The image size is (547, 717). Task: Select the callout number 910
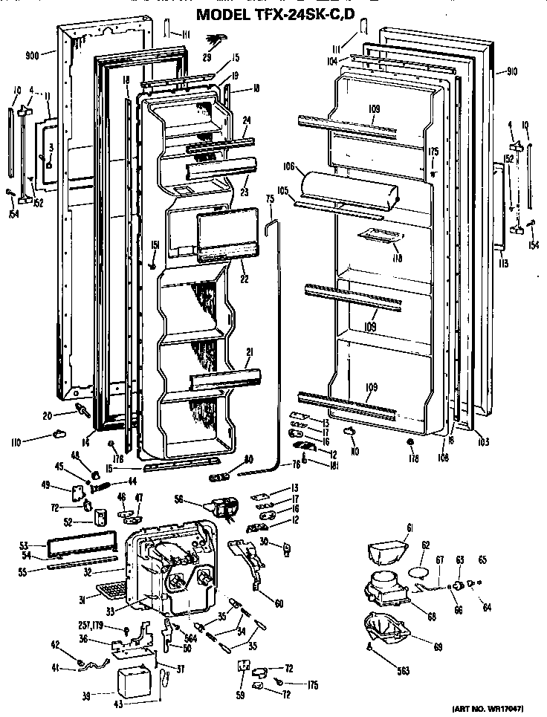[x=511, y=72]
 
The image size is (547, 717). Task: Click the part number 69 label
[x=437, y=647]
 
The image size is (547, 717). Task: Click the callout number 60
[x=278, y=603]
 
